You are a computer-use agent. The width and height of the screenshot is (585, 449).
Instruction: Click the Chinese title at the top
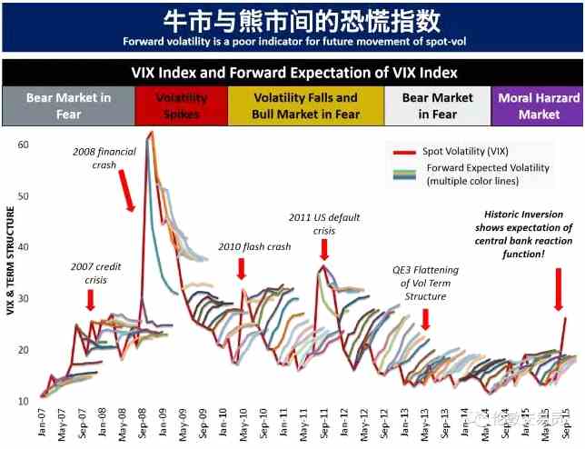(292, 20)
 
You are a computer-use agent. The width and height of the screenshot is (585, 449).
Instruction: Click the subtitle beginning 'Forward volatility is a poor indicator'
(292, 41)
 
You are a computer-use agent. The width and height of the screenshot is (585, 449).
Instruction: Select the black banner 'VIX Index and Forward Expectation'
(292, 72)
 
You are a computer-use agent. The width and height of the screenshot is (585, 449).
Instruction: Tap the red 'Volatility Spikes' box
(182, 105)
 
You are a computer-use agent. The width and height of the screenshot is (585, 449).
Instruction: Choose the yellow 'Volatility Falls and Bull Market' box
(305, 105)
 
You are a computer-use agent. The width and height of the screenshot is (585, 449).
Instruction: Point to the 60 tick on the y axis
(24, 145)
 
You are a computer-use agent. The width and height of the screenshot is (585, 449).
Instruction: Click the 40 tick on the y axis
(24, 247)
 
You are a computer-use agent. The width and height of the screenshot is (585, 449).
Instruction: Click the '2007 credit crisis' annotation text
(96, 273)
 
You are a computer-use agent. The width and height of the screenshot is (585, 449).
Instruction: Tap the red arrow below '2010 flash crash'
(242, 269)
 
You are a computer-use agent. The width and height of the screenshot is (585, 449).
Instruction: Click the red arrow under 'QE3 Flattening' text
(424, 319)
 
